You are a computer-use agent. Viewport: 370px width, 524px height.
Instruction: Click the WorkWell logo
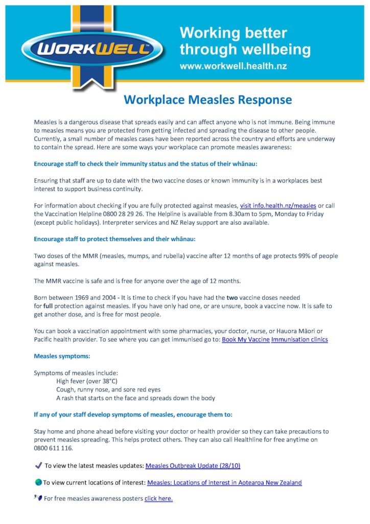[92, 50]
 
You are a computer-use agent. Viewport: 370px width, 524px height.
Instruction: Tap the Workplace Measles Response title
[207, 99]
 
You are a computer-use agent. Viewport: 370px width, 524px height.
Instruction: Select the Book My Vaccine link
[245, 339]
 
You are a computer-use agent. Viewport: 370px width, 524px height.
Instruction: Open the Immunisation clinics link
[299, 339]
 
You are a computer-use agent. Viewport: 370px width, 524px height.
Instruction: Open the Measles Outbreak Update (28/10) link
[193, 466]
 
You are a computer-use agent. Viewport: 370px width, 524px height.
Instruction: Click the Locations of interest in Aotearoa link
[224, 483]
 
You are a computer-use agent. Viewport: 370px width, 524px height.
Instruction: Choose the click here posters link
[158, 498]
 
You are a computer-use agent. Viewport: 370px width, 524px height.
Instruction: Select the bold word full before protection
[50, 306]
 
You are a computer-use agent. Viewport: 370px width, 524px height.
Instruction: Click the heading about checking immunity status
[146, 164]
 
